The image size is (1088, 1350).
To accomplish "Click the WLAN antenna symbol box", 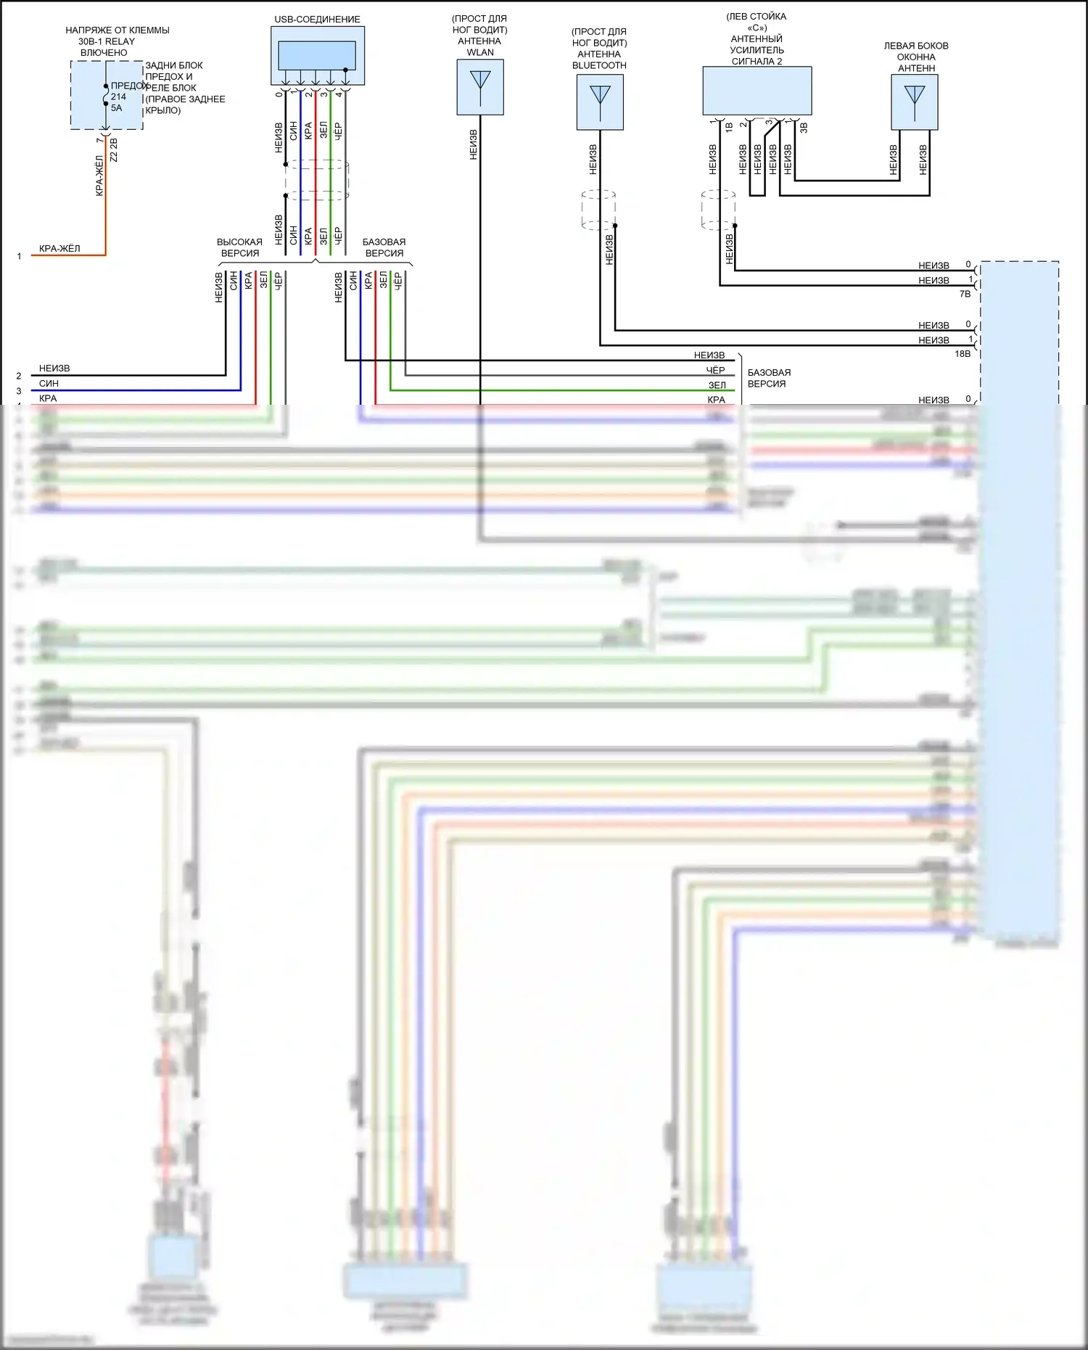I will (x=480, y=87).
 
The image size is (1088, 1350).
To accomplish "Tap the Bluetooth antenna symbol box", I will (x=600, y=102).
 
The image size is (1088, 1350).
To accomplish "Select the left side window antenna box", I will (x=915, y=102).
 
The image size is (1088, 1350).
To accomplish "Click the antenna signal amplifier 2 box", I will (x=757, y=91).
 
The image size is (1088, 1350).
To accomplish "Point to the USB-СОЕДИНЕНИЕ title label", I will (x=317, y=20).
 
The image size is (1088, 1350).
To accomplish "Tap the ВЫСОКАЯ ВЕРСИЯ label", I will (x=239, y=247).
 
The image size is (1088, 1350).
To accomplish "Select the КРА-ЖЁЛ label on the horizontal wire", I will (x=59, y=249).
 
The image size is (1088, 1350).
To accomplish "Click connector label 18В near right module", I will (x=962, y=354).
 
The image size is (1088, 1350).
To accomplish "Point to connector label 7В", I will (x=965, y=295).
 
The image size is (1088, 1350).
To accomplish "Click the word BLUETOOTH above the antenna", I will (x=599, y=65).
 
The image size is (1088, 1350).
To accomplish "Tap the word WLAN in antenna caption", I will (x=480, y=52).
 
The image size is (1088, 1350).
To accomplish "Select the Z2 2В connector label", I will (x=113, y=150).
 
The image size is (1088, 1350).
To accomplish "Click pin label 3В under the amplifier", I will (x=804, y=128).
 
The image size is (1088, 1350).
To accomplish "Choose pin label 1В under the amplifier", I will (x=729, y=128).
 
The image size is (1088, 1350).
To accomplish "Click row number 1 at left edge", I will (x=19, y=256).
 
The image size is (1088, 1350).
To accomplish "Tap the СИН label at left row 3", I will (x=49, y=384).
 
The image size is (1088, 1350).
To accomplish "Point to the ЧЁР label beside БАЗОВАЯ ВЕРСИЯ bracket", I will (x=715, y=371).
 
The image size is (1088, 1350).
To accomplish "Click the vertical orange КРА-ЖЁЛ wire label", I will (x=99, y=176).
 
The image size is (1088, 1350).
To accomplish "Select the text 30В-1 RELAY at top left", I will (x=107, y=41).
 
